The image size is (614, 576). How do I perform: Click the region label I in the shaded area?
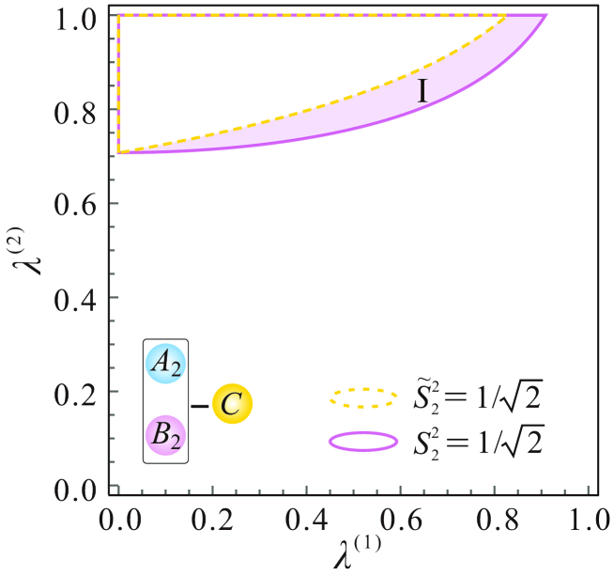[x=422, y=91]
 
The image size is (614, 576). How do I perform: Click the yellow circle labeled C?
[x=232, y=404]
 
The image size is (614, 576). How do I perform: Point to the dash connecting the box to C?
[x=200, y=406]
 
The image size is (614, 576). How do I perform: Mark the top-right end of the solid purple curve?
[x=545, y=16]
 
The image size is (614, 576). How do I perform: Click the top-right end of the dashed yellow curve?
[x=505, y=16]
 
